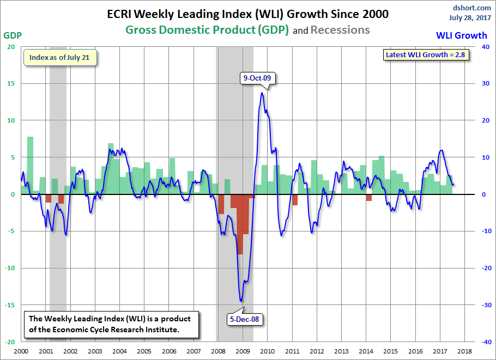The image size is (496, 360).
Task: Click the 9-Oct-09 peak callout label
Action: point(257,78)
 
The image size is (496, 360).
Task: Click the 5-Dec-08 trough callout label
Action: point(244,319)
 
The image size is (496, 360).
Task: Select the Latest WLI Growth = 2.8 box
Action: point(426,54)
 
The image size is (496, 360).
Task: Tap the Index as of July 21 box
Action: point(60,58)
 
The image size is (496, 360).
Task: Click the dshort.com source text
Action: point(471,8)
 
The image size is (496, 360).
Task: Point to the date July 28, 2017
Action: point(470,17)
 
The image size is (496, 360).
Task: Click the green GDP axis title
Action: point(13,35)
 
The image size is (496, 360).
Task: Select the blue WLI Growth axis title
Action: point(462,35)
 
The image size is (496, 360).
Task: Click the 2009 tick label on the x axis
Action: point(243,351)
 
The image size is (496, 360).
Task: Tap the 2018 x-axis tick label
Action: point(465,351)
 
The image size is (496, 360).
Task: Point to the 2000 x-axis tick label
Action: point(21,351)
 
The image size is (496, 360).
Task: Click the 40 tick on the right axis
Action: point(486,47)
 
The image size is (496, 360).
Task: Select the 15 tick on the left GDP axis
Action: point(11,83)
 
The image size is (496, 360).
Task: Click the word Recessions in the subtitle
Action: point(340,30)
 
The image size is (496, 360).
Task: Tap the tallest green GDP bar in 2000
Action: point(30,166)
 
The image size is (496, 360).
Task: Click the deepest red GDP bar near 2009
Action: point(240,224)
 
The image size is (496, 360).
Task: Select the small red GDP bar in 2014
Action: point(369,198)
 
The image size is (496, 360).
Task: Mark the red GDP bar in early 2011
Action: point(295,200)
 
